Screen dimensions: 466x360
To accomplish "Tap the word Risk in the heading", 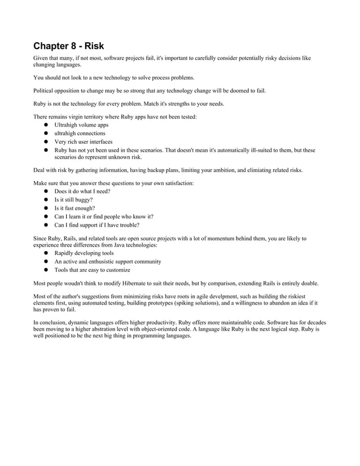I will [x=94, y=46].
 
